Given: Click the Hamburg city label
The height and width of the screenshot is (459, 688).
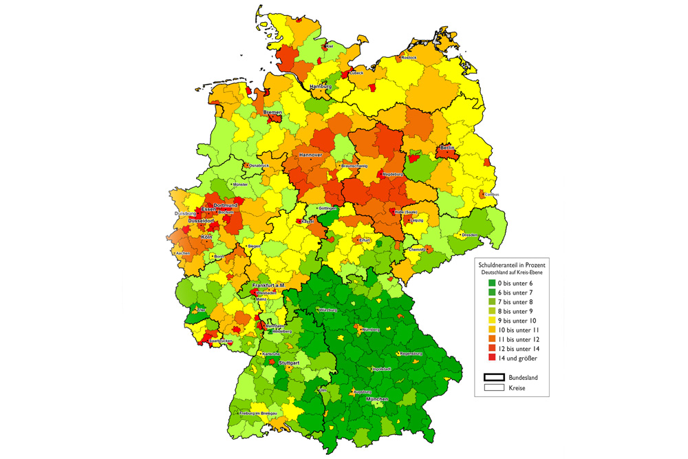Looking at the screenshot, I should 321,87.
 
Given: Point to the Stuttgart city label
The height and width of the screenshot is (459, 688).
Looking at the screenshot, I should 286,362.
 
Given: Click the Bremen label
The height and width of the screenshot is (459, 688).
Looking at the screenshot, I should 272,111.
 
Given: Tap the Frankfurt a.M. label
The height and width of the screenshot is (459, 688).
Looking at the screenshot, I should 268,285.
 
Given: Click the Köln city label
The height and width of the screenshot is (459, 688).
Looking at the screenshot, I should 207,237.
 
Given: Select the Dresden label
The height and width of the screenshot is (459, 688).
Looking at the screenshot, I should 471,235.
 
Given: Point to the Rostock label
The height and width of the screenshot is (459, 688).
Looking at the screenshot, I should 409,58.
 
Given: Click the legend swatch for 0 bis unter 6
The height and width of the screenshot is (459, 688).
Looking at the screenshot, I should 492,283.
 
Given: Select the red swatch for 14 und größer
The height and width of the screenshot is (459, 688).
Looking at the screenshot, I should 492,359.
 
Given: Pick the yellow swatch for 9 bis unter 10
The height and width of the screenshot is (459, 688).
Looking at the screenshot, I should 492,321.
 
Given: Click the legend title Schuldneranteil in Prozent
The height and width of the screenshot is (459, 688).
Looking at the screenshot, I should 511,264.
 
